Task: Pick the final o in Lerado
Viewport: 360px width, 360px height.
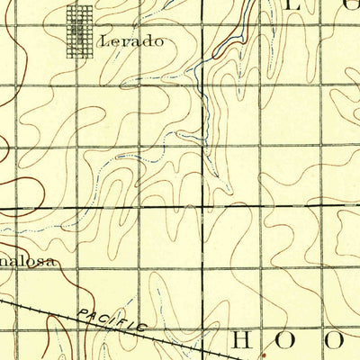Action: pyautogui.click(x=160, y=41)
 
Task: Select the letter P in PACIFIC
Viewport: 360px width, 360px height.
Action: pyautogui.click(x=82, y=313)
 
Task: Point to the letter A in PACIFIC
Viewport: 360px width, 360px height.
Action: pyautogui.click(x=93, y=316)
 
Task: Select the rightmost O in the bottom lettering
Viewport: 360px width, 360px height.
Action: pyautogui.click(x=335, y=339)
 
